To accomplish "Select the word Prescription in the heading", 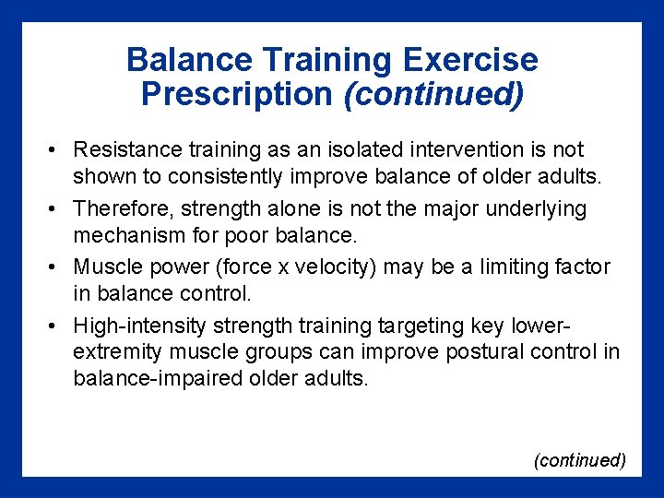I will [x=236, y=94].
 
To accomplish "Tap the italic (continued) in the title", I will [x=433, y=94].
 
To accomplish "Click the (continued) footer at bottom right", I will [x=580, y=460].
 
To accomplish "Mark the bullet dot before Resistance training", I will [x=56, y=150].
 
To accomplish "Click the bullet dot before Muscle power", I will [x=56, y=268].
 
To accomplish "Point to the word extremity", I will [x=113, y=351].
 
